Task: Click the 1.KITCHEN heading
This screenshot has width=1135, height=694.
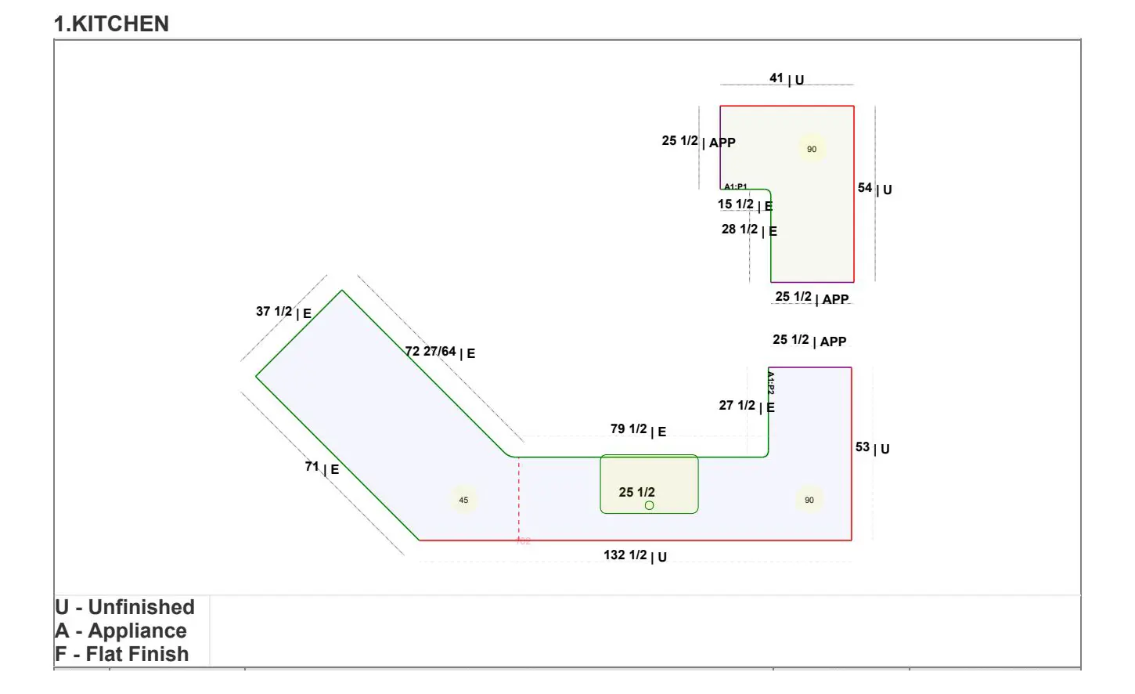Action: [x=111, y=23]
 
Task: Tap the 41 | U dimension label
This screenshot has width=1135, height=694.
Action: [x=787, y=78]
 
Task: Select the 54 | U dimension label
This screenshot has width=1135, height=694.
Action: [x=874, y=189]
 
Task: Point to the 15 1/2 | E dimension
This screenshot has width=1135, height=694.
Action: [x=745, y=204]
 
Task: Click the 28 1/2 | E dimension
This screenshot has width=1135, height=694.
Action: [x=749, y=230]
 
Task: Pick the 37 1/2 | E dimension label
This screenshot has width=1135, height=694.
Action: [x=283, y=312]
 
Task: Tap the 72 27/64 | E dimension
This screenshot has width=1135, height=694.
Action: [x=440, y=352]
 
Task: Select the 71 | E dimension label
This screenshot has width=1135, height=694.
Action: [x=322, y=468]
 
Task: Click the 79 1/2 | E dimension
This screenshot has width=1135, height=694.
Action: [x=638, y=430]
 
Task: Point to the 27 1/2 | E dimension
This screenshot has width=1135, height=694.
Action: [x=747, y=406]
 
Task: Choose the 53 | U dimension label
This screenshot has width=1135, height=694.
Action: [x=872, y=447]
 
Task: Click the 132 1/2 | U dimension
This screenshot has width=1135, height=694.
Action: [x=635, y=555]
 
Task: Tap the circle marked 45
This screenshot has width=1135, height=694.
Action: [x=463, y=500]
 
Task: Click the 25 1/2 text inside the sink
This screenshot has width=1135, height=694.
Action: [x=636, y=492]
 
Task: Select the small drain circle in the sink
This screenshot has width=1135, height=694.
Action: [x=649, y=506]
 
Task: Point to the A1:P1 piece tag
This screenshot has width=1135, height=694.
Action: [x=735, y=186]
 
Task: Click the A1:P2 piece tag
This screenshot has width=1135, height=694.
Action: [x=771, y=383]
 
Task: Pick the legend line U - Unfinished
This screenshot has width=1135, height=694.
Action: [x=124, y=607]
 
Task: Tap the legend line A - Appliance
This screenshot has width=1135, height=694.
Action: [x=121, y=631]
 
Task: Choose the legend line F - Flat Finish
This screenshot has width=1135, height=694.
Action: [x=121, y=654]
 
